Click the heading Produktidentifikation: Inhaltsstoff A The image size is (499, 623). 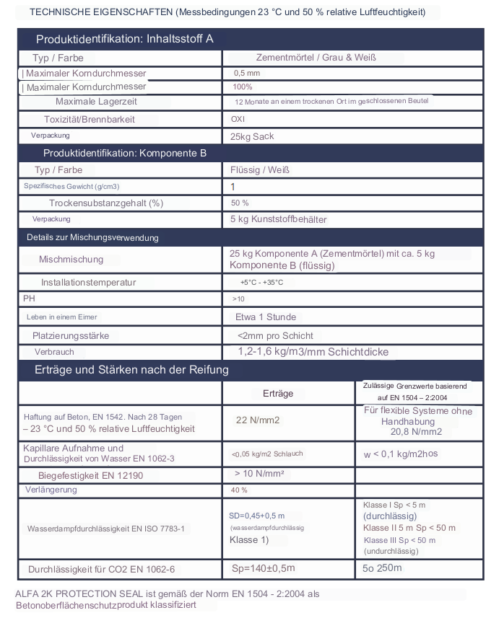[x=124, y=39]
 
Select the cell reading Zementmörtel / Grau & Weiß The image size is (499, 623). [x=316, y=58]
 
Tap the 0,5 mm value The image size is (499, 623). [x=246, y=74]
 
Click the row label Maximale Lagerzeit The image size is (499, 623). [x=96, y=102]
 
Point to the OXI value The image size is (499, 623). [x=238, y=119]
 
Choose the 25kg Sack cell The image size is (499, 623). [x=252, y=136]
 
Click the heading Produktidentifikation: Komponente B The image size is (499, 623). [x=125, y=154]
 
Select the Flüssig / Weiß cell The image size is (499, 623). [x=259, y=170]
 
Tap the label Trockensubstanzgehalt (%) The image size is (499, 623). [x=106, y=203]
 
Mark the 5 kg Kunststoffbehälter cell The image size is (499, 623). [x=278, y=219]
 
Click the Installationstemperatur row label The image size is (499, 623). [x=88, y=282]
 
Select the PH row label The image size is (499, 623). [x=29, y=298]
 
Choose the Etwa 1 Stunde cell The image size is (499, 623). [x=265, y=317]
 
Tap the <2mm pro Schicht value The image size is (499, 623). [x=274, y=335]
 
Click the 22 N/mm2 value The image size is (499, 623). [x=258, y=420]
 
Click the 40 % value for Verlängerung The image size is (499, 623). [x=239, y=490]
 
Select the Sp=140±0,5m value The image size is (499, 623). [x=264, y=568]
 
